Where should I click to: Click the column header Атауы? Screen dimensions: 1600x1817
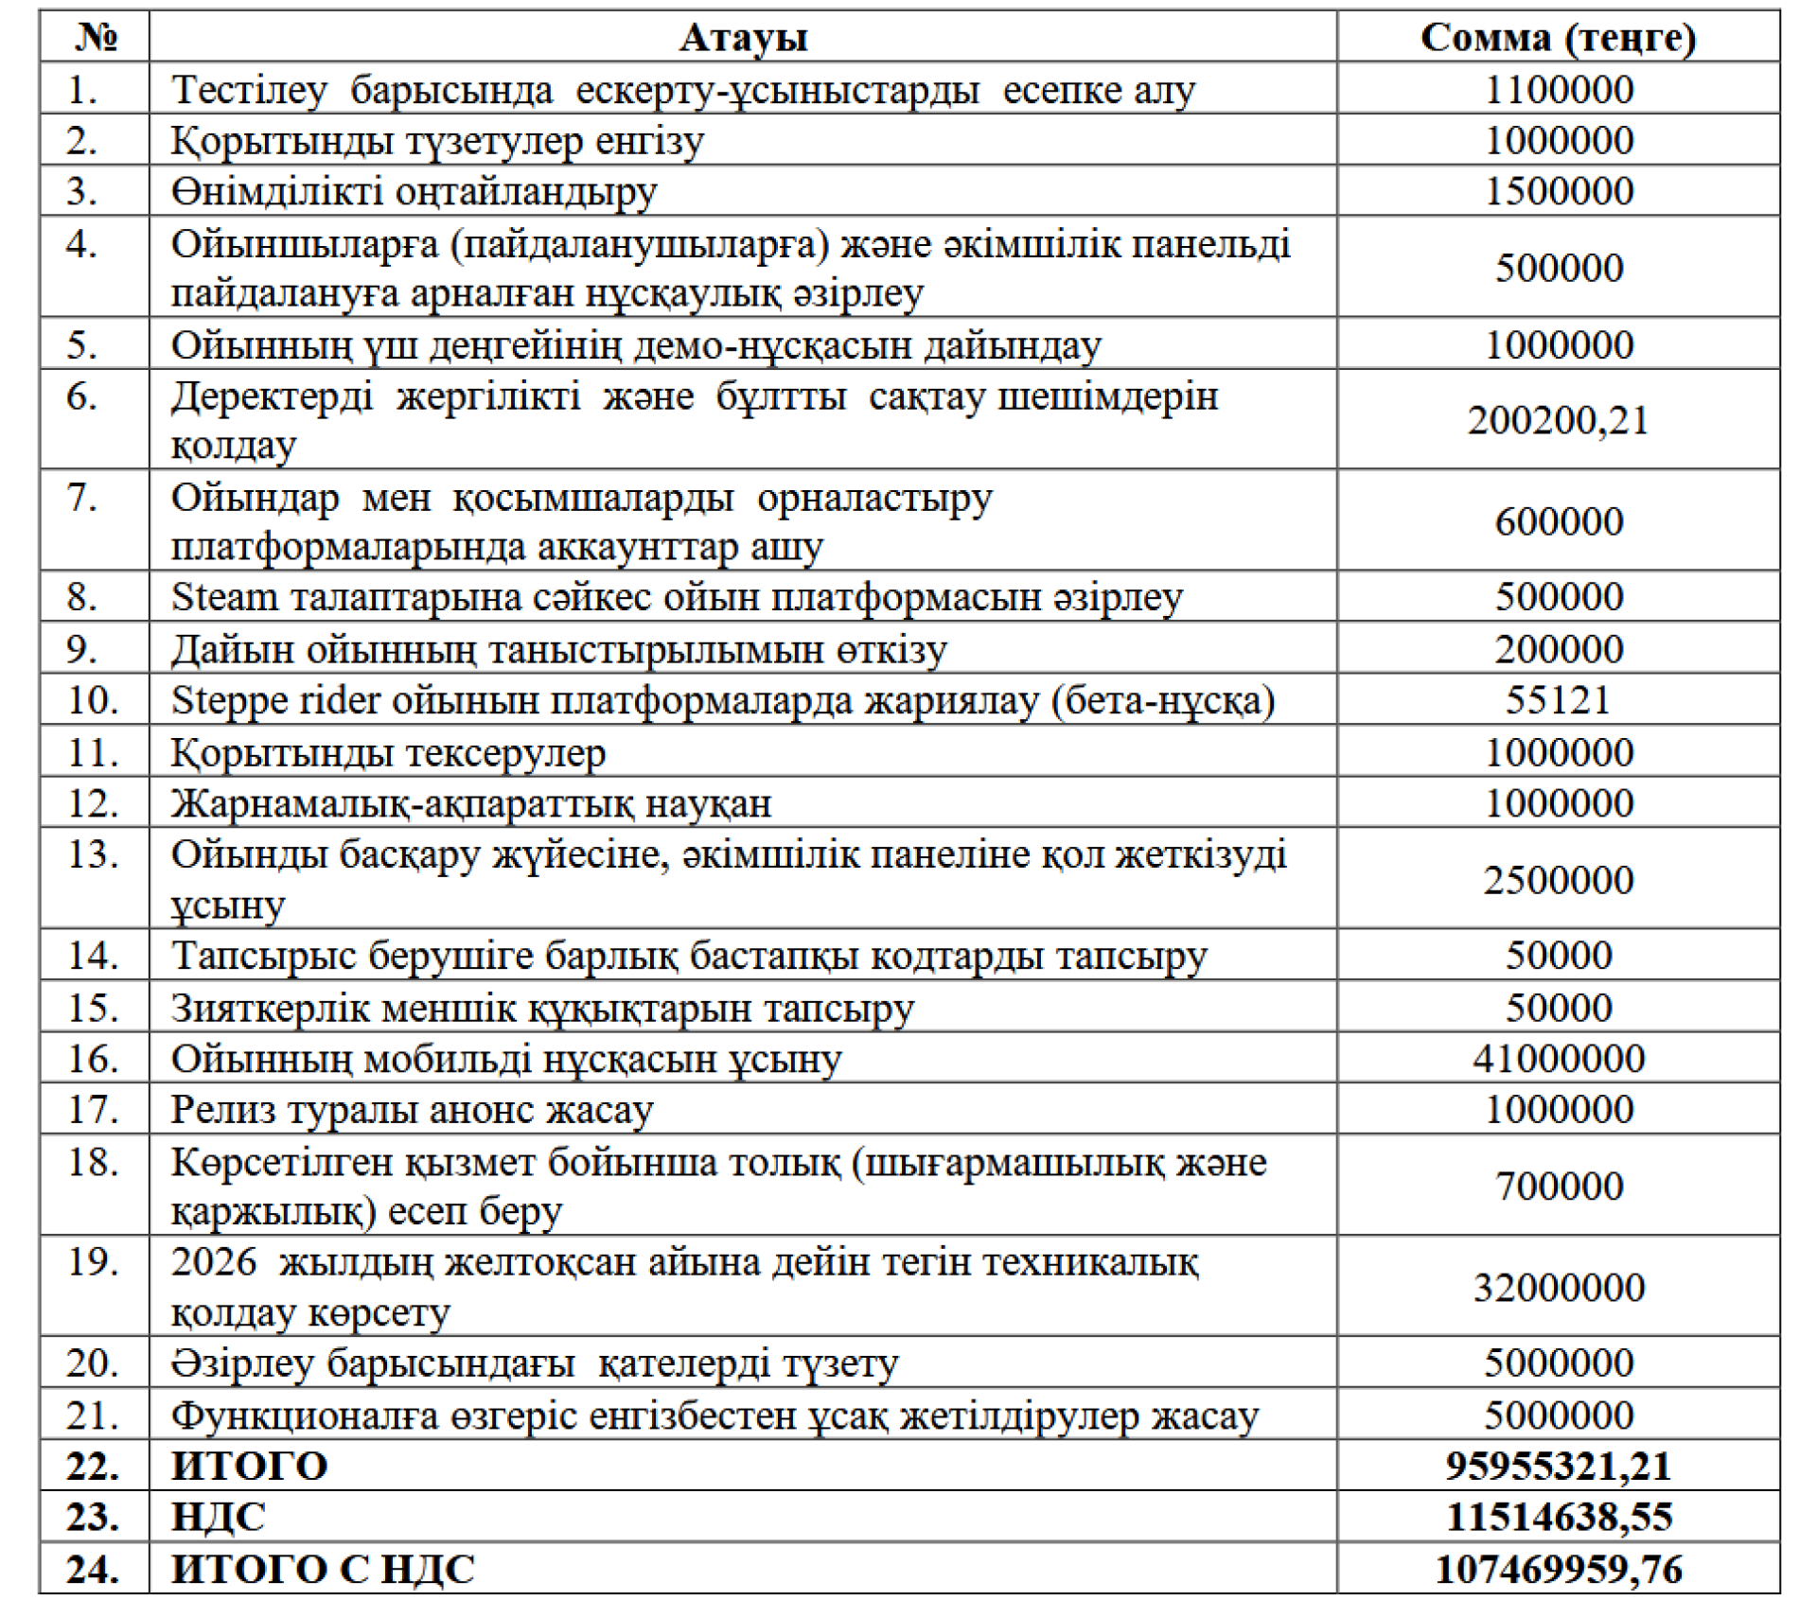pos(743,38)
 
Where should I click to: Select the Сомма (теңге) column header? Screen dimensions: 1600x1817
pos(1558,38)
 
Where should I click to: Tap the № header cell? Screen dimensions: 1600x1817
pos(96,38)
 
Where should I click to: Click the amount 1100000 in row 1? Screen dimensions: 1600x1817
pos(1559,90)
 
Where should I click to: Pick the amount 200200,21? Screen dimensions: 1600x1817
pos(1558,420)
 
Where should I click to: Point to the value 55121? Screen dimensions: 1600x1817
pos(1558,700)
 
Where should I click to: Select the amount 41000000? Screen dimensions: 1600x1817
pos(1558,1059)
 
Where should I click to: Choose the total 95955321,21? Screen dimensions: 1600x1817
pos(1558,1467)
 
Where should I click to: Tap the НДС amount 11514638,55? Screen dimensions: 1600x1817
pos(1558,1518)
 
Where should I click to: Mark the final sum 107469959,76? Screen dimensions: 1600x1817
pos(1558,1570)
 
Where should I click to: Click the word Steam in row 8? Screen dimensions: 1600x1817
pos(224,598)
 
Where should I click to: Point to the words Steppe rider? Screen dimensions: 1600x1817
pos(275,701)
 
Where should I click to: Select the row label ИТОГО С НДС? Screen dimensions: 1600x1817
pos(323,1570)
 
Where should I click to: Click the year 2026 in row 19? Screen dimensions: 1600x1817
pos(214,1262)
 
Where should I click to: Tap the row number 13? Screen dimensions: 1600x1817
pos(93,855)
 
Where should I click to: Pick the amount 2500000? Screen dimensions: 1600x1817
pos(1558,881)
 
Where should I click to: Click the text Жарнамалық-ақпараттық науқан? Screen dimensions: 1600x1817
pos(471,804)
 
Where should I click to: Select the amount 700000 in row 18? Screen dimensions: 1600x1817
pos(1558,1187)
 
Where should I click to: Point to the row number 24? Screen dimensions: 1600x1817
pos(93,1570)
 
